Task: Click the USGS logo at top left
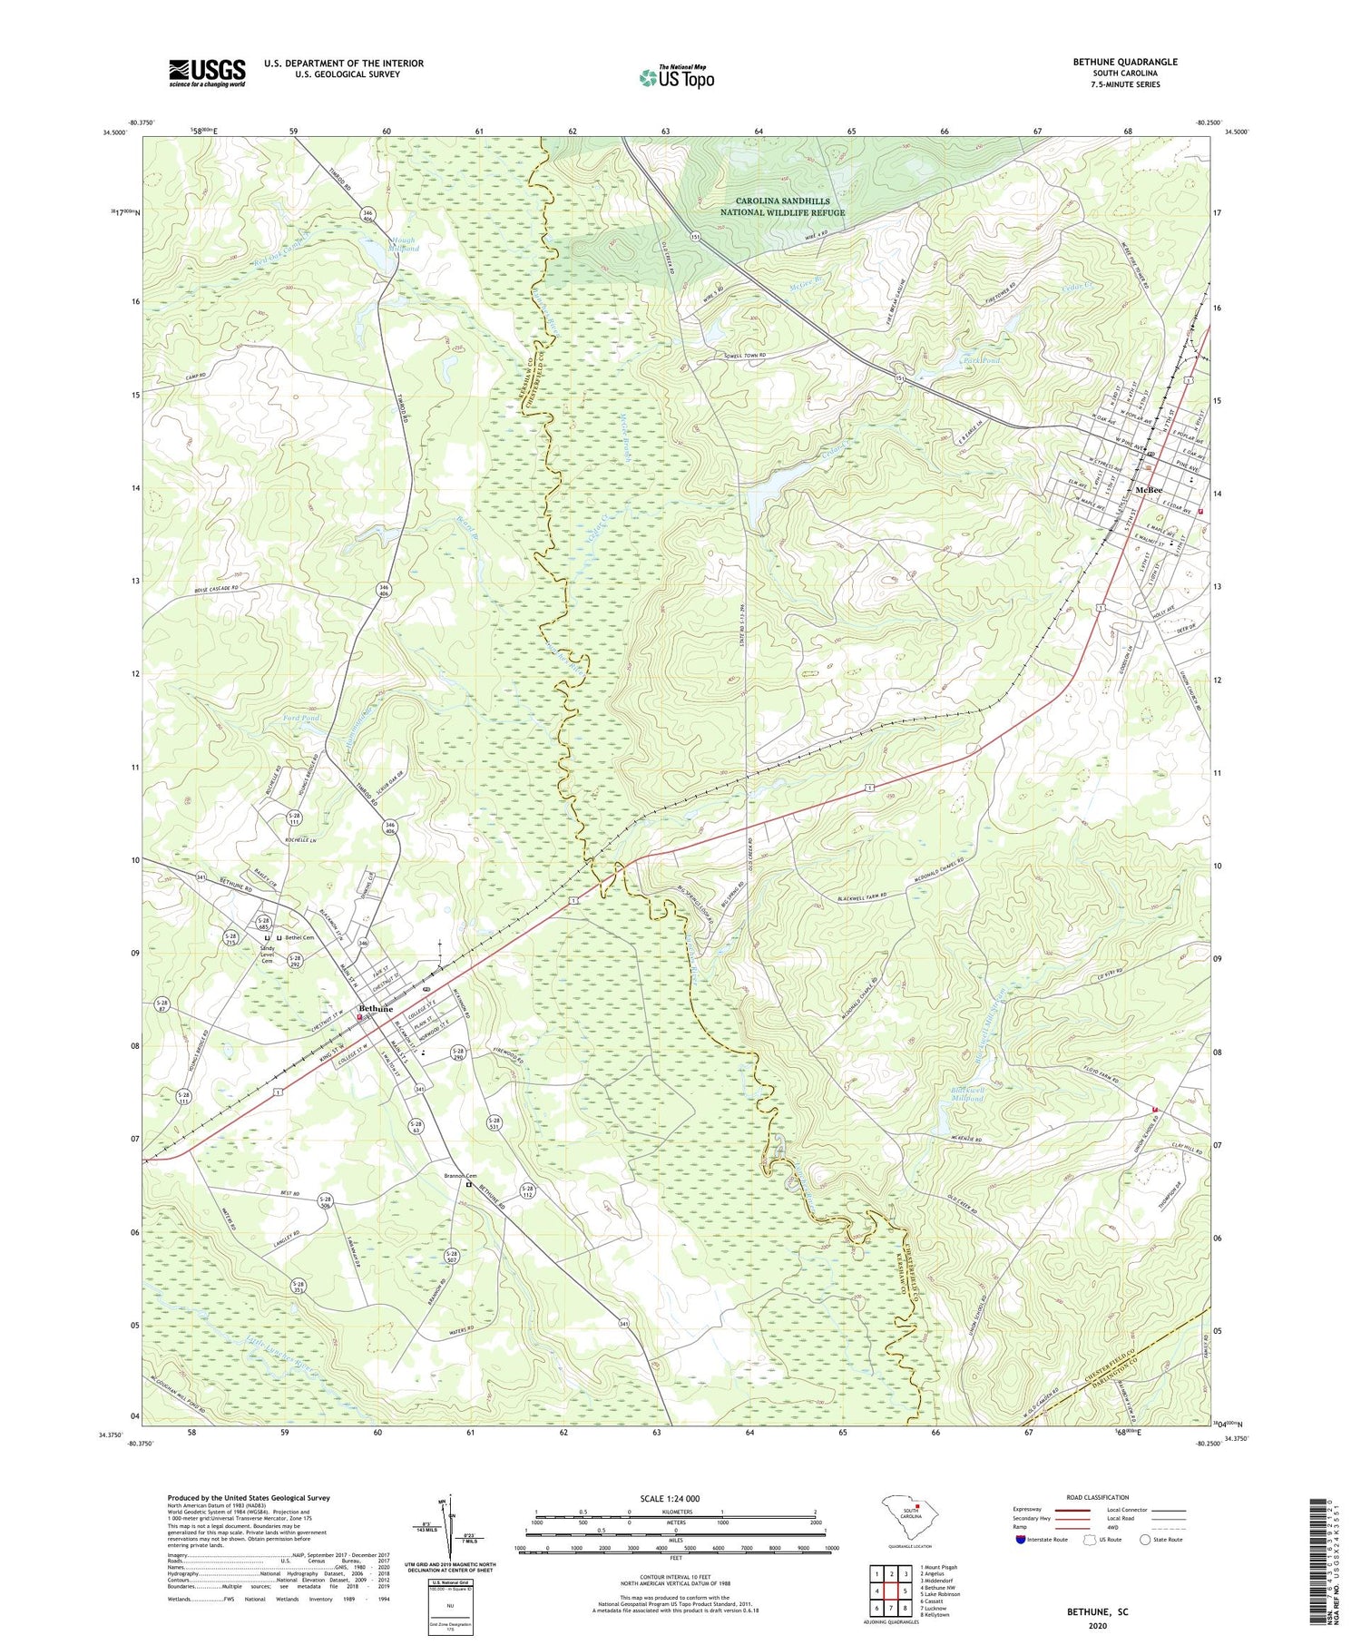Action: tap(207, 73)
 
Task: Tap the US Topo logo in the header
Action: tap(676, 78)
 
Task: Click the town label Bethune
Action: tap(375, 1009)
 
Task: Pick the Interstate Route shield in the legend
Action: tap(1022, 1540)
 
